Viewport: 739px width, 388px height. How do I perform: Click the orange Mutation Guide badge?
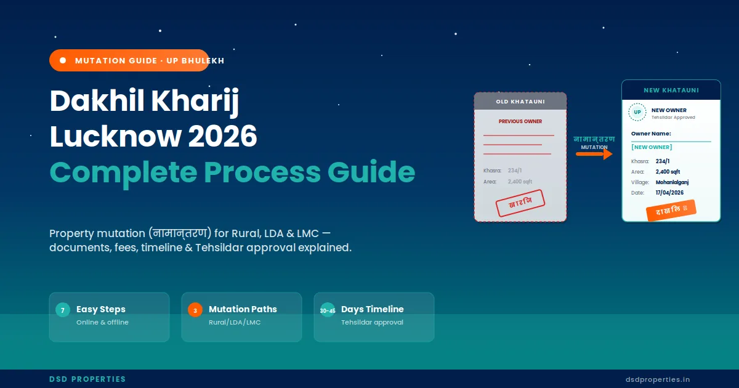coord(129,60)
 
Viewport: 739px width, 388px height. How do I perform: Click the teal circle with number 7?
coord(62,310)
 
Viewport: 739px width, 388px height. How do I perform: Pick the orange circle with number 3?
coord(195,310)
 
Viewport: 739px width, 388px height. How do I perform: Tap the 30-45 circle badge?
coord(328,310)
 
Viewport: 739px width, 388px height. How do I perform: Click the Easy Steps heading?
coord(101,309)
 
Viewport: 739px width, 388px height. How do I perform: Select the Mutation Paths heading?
coord(243,309)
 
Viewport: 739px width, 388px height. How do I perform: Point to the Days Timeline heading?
coord(373,309)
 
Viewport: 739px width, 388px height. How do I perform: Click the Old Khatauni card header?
coord(520,102)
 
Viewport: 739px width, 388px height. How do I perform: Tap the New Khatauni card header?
coord(671,90)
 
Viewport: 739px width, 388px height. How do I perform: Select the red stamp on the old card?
coord(521,203)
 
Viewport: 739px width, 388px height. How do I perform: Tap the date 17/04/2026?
coord(669,193)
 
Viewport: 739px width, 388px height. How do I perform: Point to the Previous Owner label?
coord(520,121)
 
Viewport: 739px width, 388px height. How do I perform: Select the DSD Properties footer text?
coord(87,379)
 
